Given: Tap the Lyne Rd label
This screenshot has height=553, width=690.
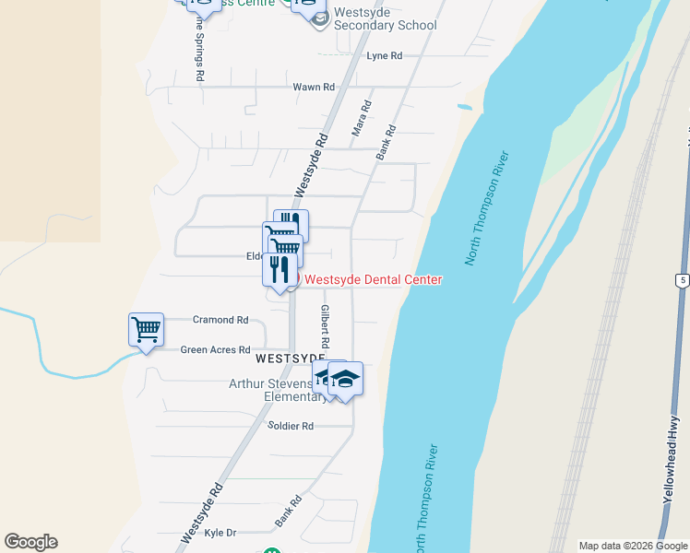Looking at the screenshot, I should (385, 56).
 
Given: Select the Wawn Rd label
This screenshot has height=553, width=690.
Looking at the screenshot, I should (314, 88).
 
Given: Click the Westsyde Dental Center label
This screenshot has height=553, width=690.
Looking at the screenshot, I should (373, 280).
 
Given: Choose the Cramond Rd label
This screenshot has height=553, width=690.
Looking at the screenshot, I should (220, 320).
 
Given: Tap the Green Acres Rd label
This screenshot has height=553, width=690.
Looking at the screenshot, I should (215, 350).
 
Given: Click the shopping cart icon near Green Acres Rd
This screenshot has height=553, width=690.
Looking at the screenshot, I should (146, 328).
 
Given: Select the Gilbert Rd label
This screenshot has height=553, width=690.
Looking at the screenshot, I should (325, 325).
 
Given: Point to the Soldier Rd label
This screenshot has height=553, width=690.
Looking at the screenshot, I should (291, 426).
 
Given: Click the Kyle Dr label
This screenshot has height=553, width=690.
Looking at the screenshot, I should (220, 533).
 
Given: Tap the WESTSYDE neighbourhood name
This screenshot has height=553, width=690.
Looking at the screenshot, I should (290, 358).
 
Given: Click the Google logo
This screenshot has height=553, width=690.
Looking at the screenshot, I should (30, 542).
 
